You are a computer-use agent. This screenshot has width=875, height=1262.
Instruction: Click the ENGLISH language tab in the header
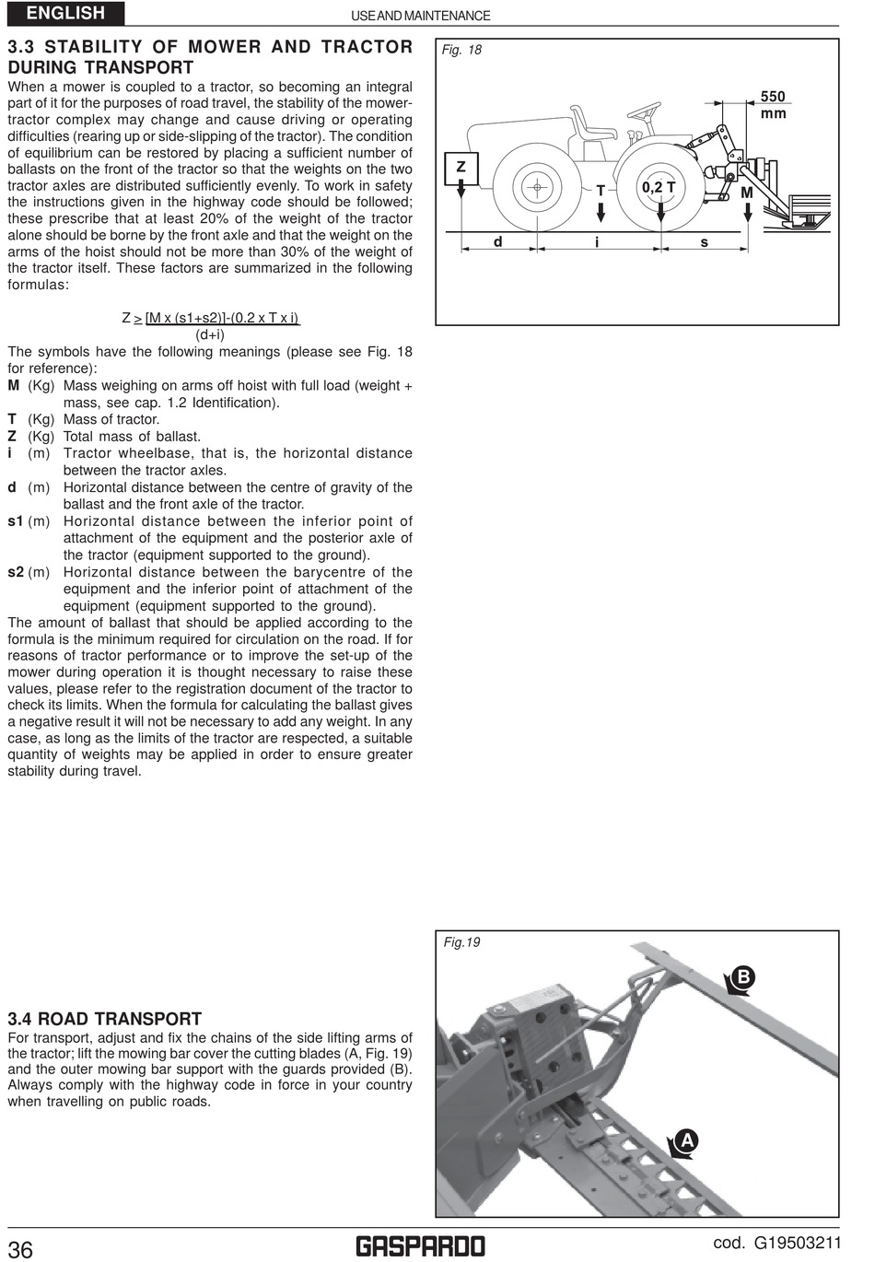[65, 13]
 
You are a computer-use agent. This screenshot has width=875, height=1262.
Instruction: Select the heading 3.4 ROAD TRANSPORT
[104, 1019]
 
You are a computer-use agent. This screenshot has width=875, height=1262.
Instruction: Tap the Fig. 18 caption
[461, 50]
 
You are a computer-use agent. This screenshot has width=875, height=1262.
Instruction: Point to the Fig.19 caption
[461, 942]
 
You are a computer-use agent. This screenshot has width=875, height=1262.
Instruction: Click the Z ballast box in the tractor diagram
[461, 168]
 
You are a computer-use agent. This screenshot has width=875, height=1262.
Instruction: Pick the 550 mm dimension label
[773, 104]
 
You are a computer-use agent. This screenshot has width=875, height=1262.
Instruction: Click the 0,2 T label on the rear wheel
[659, 187]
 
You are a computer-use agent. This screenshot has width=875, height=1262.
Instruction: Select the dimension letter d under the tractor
[497, 242]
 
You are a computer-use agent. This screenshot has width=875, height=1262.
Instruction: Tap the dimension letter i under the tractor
[598, 242]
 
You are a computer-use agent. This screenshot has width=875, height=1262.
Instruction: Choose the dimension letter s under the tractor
[705, 242]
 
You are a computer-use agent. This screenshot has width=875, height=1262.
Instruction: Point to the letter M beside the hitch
[746, 193]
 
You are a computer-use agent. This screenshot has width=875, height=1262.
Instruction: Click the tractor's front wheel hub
[535, 187]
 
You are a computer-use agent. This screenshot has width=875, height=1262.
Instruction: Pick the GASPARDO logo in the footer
[420, 1246]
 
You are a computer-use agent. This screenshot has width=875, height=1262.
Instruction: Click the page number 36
[20, 1248]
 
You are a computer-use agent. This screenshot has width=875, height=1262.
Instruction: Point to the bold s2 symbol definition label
[16, 572]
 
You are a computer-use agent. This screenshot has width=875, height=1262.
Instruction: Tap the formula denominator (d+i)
[211, 334]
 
